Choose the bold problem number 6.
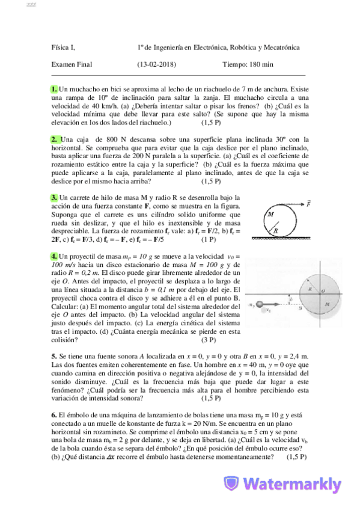pos(54,415)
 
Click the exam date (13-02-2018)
pos(156,64)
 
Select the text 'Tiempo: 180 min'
pos(247,64)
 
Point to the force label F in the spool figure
pos(309,204)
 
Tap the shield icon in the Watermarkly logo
pos(233,484)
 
